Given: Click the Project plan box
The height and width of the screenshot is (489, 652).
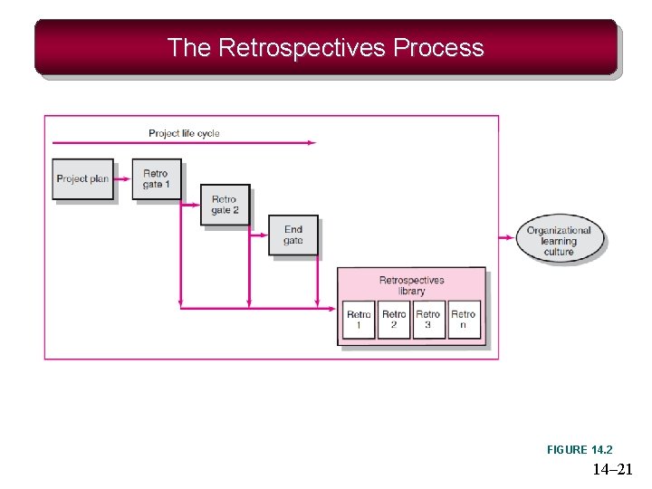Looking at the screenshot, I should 82,178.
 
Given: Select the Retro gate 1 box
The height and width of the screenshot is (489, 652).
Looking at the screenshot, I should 156,178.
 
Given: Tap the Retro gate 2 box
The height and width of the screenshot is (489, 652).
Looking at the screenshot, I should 224,206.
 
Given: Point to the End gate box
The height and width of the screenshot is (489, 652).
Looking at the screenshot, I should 292,235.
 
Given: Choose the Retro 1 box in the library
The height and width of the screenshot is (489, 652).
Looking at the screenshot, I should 359,320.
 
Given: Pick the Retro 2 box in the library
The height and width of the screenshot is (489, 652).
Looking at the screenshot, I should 394,320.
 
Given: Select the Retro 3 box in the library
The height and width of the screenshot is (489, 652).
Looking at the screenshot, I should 428,320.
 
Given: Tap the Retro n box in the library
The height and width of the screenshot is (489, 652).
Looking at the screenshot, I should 464,320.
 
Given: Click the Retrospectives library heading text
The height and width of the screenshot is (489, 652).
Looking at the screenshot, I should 411,285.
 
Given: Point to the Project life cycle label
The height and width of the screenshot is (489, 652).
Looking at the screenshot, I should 184,133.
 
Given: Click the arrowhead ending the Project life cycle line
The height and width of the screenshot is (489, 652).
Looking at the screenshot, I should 312,142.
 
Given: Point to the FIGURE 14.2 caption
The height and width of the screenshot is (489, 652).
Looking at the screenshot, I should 580,450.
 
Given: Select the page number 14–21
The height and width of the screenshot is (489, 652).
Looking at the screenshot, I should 613,469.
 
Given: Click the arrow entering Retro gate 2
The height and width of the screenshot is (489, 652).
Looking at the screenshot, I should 193,206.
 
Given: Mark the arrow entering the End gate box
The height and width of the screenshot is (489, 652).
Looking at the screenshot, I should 261,235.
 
